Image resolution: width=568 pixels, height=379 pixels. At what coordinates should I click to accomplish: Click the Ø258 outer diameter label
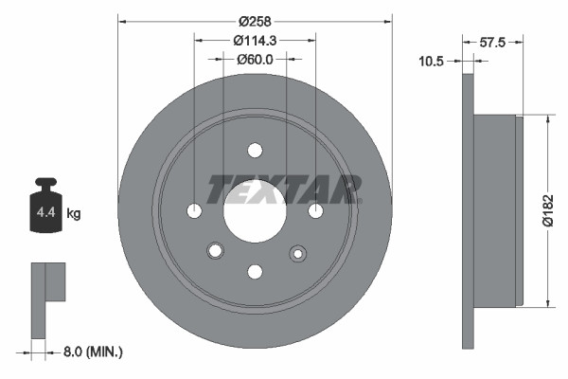255,21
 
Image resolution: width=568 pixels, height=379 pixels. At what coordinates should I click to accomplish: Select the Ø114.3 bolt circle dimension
255,40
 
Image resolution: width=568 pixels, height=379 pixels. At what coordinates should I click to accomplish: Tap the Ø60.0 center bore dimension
255,59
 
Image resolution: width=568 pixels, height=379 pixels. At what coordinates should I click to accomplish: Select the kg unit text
73,214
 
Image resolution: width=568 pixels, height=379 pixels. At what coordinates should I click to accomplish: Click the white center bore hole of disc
255,209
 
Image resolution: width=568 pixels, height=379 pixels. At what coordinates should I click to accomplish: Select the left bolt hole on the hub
194,210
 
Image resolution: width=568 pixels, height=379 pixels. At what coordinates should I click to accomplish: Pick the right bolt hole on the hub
315,210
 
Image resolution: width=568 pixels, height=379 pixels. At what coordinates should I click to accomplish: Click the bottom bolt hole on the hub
255,271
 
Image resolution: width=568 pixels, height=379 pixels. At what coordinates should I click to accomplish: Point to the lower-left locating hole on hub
215,250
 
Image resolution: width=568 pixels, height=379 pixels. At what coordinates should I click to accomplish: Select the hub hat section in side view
498,210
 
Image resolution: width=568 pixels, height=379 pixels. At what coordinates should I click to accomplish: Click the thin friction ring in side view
468,210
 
